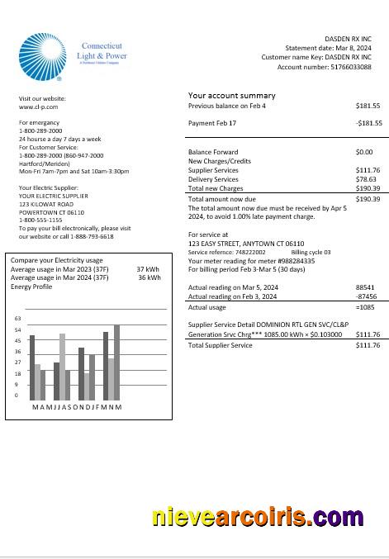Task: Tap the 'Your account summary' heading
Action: tap(231, 96)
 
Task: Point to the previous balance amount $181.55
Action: tap(368, 107)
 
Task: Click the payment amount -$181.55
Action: tap(368, 123)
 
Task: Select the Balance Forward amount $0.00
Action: tap(363, 152)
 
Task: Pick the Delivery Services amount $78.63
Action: tap(366, 179)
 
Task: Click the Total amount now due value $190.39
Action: tap(368, 199)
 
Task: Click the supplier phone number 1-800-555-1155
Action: tap(40, 220)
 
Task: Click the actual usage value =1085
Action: tap(365, 307)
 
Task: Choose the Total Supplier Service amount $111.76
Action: tap(368, 345)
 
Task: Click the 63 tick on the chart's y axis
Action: tap(17, 319)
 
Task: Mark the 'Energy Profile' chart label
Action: tap(31, 287)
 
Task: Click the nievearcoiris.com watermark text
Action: tap(257, 518)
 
